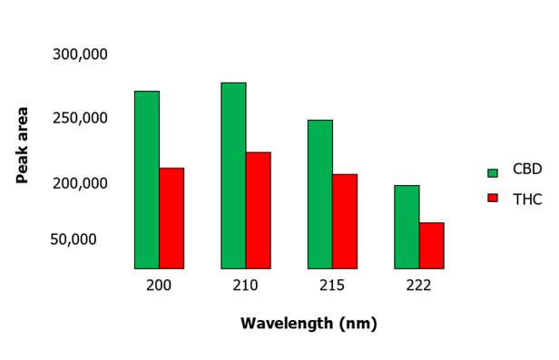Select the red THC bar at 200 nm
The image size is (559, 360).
(x=172, y=218)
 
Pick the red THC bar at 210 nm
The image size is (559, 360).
(x=258, y=210)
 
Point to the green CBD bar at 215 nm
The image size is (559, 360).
(x=320, y=194)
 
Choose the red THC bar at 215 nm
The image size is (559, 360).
(x=345, y=221)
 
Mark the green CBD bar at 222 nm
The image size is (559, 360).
(x=407, y=227)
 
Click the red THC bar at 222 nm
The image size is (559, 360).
(x=431, y=246)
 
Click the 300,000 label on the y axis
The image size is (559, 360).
(x=80, y=54)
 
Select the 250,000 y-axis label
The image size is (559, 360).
(x=80, y=118)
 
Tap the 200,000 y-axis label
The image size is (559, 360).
(x=80, y=182)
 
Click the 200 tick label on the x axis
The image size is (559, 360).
(x=159, y=285)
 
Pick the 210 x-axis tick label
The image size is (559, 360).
(x=245, y=285)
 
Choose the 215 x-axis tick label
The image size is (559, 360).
(x=332, y=285)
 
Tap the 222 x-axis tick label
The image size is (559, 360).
(x=418, y=285)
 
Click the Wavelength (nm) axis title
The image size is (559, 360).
(x=309, y=323)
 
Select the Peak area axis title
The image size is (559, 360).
(x=23, y=145)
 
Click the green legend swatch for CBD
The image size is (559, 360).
(x=494, y=172)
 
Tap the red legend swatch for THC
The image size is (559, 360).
(x=494, y=199)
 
